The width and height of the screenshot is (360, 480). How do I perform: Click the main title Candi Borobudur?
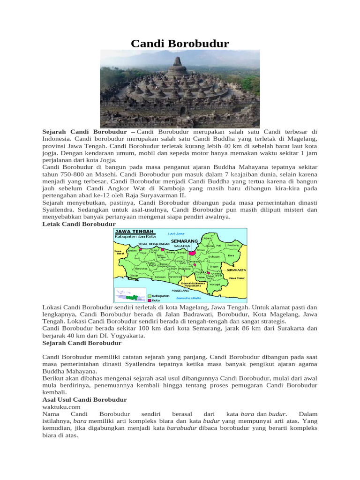(180, 44)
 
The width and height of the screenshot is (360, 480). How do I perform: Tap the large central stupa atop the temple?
(180, 66)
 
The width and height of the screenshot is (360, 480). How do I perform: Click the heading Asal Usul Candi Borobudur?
(84, 399)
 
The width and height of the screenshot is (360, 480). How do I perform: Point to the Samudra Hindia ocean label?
(189, 298)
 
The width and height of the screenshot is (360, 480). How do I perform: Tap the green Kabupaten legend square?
(149, 296)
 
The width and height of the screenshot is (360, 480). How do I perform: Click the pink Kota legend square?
(149, 300)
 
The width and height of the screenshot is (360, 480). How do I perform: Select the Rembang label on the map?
(233, 245)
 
